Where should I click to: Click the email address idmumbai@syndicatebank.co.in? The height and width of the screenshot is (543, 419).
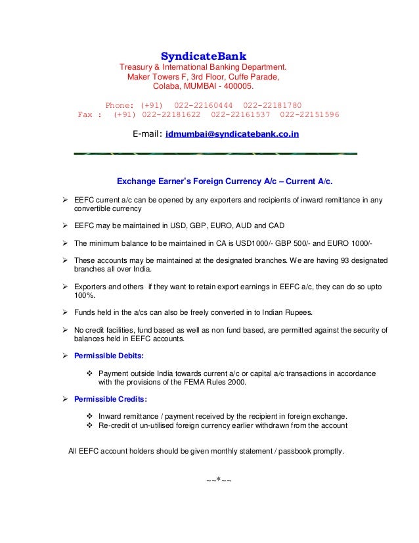pos(232,134)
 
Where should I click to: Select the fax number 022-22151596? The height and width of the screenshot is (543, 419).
pos(309,114)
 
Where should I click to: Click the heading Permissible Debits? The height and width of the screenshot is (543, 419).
pos(108,355)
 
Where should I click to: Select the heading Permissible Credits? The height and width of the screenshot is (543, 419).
pos(110,399)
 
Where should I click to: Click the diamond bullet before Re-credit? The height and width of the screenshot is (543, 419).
pos(90,426)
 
